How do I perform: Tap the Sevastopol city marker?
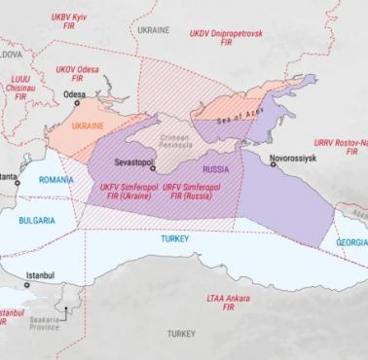coord(153,168)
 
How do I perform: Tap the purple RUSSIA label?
coord(206,166)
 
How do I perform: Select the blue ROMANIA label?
coord(57,180)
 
